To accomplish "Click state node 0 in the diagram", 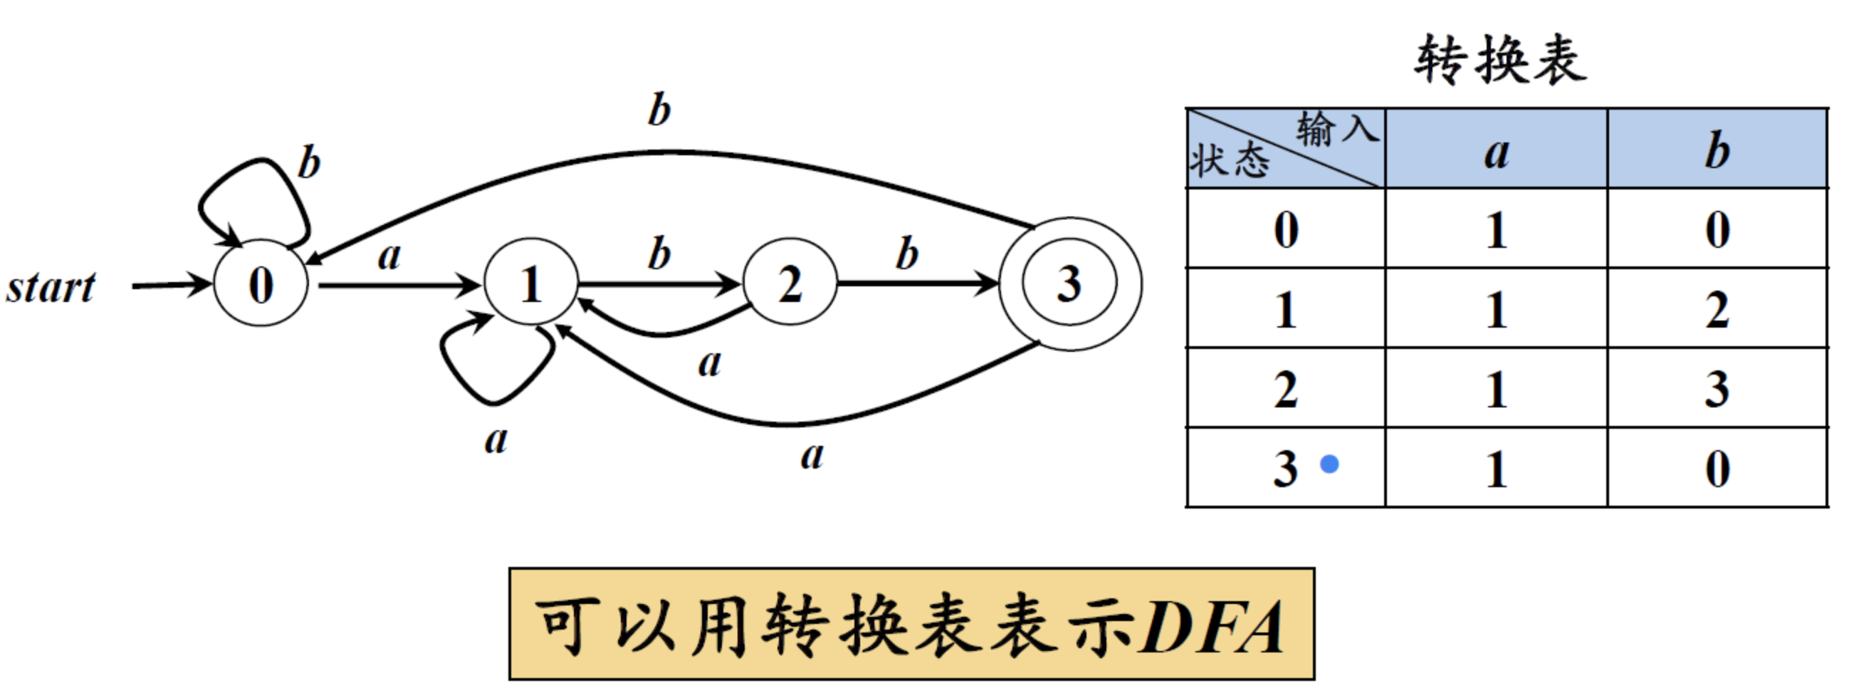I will tap(261, 284).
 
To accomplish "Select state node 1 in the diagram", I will tap(530, 283).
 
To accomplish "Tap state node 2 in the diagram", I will tap(790, 283).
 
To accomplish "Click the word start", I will tap(51, 288).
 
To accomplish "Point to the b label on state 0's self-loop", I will tap(309, 162).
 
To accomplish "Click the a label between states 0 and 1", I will tap(389, 256).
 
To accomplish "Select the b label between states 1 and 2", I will tap(659, 254).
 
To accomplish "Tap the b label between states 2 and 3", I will tap(906, 254).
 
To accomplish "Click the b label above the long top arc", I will tap(659, 110).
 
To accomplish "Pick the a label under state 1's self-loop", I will tap(496, 440).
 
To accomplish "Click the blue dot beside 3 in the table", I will tap(1329, 464).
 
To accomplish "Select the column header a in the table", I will tap(1497, 152).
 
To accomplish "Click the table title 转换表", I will tap(1500, 59).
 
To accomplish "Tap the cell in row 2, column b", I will tap(1717, 389).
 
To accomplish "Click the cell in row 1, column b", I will tap(1717, 310).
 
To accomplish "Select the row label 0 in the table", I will tap(1286, 230).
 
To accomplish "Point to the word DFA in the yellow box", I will tap(1210, 627).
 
